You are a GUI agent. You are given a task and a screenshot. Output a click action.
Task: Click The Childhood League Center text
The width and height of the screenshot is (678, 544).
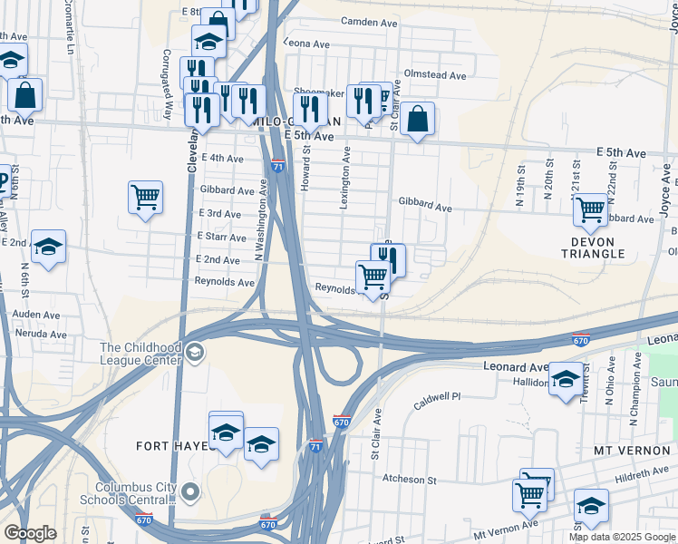(x=140, y=354)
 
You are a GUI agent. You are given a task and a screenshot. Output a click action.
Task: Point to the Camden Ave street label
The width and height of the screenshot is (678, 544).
(x=371, y=21)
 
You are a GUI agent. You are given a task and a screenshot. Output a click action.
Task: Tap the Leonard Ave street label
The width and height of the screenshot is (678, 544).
(x=516, y=367)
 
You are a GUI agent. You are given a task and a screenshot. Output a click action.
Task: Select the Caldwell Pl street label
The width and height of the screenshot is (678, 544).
(x=437, y=397)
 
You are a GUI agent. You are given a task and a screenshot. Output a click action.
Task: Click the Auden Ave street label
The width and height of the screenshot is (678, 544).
(x=36, y=315)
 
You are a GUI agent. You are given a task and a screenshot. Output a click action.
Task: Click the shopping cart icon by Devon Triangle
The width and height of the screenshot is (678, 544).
(x=591, y=210)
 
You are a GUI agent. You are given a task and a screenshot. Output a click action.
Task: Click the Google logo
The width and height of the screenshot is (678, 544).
(x=30, y=533)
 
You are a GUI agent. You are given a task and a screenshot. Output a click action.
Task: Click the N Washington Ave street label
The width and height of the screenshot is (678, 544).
(x=259, y=220)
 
